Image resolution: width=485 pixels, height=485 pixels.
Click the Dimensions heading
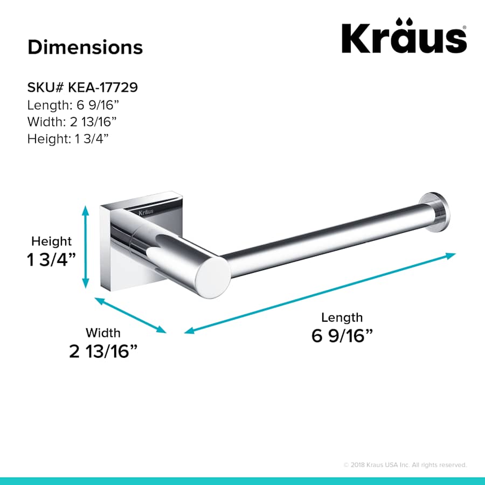tap(85, 47)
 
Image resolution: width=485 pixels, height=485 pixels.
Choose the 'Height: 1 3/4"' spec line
tap(68, 138)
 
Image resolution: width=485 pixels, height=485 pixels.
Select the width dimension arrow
tap(130, 315)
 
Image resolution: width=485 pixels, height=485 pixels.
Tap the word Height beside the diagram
tap(51, 241)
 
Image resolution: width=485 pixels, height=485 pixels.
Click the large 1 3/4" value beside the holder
tap(51, 260)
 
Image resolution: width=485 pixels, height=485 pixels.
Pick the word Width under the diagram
tap(103, 333)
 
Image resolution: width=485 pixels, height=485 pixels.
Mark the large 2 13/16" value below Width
tap(103, 352)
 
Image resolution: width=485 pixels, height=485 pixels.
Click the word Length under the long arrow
tap(342, 317)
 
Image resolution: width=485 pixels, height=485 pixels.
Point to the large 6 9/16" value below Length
tap(342, 336)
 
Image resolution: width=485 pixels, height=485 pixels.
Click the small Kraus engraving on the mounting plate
tap(144, 211)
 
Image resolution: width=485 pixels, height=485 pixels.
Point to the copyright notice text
tap(405, 465)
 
